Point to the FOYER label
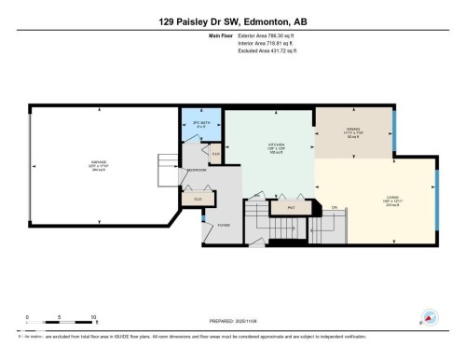click(x=223, y=226)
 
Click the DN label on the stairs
click(x=334, y=207)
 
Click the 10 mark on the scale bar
click(x=93, y=318)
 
